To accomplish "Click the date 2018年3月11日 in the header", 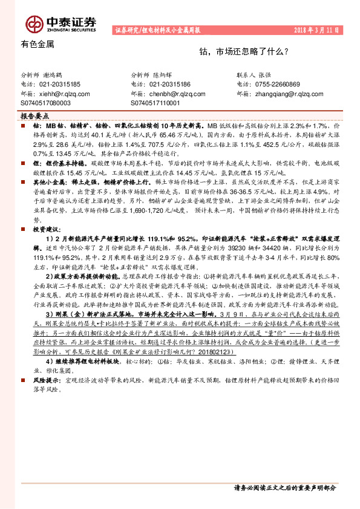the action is tap(324, 30).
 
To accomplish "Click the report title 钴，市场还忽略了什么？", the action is tap(248, 53).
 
